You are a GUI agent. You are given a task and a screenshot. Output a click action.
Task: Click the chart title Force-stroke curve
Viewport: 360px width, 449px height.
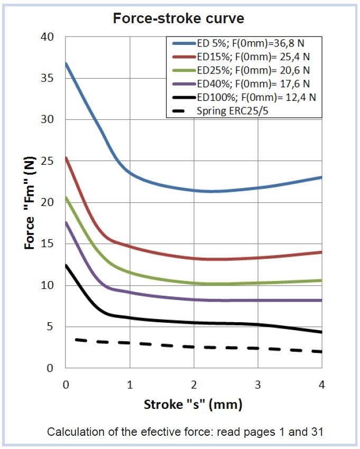[x=179, y=18]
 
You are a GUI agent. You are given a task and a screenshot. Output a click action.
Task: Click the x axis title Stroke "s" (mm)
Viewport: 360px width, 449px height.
[x=193, y=405]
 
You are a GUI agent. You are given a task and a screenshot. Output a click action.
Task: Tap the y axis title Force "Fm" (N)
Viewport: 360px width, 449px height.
[x=30, y=202]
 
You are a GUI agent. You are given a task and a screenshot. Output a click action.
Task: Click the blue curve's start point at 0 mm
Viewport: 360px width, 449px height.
[x=66, y=63]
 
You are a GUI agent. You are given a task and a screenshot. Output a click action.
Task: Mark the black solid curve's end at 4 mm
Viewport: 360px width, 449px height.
[x=321, y=332]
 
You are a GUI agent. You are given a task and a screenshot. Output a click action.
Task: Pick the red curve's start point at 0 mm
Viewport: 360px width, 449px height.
[x=66, y=157]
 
